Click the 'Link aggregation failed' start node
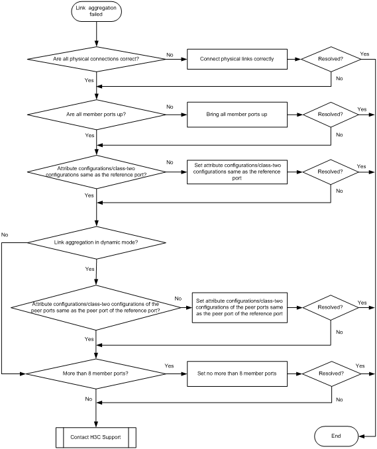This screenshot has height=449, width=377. coord(96,11)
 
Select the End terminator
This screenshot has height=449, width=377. coord(337,436)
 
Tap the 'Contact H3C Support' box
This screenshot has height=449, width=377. coord(96,437)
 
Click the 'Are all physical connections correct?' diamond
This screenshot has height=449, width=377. coord(97,59)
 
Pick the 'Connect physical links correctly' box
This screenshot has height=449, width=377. coord(237,59)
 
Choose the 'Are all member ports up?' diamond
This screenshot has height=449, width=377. coord(97,115)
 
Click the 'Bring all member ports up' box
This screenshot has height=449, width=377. coord(237,115)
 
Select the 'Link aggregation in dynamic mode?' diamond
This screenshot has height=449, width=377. coord(97,242)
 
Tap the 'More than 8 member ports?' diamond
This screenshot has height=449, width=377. coord(96,374)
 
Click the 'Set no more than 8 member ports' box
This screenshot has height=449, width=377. coord(237,374)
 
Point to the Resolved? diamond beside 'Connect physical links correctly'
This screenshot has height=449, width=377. coord(331,60)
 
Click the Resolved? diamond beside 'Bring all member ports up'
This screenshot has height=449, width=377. coord(331,115)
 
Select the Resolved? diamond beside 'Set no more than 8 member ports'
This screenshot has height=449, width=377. coord(331,374)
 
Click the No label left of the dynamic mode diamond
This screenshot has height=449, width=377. coord(5,235)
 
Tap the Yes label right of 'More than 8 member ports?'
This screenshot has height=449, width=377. coord(170,366)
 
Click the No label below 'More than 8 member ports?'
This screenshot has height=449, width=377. coord(89,399)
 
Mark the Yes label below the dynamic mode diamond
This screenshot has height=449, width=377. coord(89,269)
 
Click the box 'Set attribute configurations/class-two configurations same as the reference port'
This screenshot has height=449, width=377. coord(237,172)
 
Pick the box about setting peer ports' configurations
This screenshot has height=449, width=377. coord(240,307)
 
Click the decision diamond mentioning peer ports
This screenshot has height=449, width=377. coord(96,307)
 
